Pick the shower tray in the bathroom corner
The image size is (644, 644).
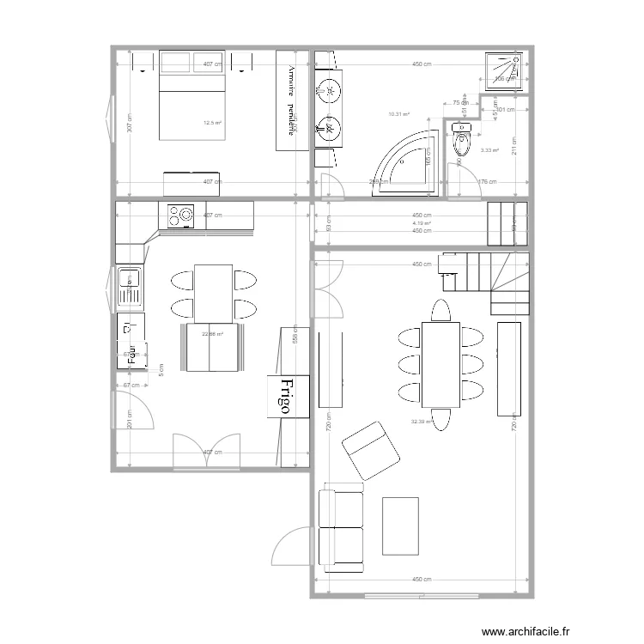click(504, 70)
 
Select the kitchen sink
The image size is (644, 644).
click(131, 287)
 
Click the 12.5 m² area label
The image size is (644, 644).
click(212, 123)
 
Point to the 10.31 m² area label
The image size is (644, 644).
click(398, 113)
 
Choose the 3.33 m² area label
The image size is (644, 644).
click(490, 150)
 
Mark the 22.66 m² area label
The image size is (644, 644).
click(212, 334)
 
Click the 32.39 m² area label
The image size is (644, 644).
click(422, 422)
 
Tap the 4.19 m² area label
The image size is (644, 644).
click(421, 223)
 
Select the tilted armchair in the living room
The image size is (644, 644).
click(370, 449)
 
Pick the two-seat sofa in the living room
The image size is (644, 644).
click(340, 531)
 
